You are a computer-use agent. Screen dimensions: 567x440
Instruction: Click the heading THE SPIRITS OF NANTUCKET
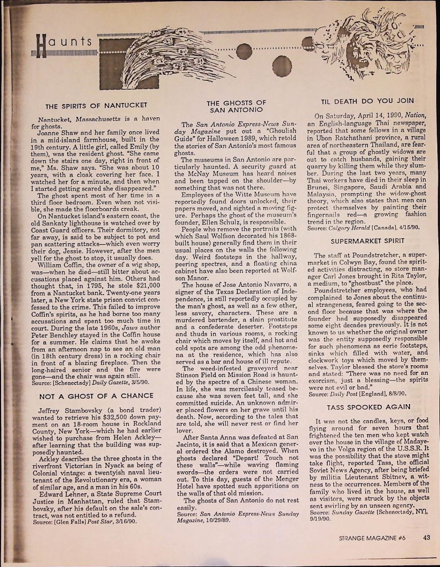(96, 105)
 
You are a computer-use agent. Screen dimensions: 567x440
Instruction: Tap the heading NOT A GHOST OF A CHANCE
(95, 381)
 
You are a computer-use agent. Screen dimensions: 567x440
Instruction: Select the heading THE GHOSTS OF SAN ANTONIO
(236, 106)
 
